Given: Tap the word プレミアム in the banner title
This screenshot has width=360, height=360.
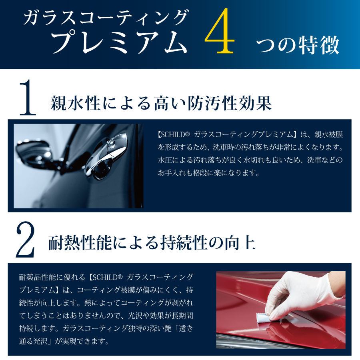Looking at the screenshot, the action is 119,42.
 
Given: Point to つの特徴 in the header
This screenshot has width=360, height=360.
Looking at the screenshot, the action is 298,45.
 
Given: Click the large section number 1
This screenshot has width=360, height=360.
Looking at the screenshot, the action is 28,97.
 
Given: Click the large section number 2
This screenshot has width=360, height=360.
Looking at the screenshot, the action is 26,239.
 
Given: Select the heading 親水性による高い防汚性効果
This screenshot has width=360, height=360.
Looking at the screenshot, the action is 161,103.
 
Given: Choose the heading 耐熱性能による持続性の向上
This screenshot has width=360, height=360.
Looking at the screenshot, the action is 152,243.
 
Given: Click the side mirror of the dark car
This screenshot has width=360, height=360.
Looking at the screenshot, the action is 33,152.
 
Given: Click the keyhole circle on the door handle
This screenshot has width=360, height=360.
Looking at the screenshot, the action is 112,144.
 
